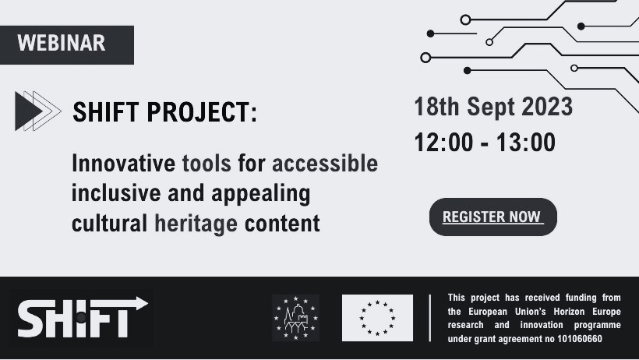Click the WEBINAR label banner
pos(67,45)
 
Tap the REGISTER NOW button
pos(493,217)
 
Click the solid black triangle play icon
pos(27,111)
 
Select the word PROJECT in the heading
pos(202,112)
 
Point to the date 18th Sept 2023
pos(493,107)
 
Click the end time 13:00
pos(526,143)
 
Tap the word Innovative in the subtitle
pos(123,163)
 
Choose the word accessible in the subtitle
pos(325,163)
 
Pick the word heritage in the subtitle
pos(196,224)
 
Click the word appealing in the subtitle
pos(261,194)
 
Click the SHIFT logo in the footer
pos(83,317)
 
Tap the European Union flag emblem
pos(377,318)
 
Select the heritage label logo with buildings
pos(296,318)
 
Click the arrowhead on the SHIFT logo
pos(141,303)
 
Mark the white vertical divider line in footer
pos(430,318)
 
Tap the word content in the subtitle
pos(282,224)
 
